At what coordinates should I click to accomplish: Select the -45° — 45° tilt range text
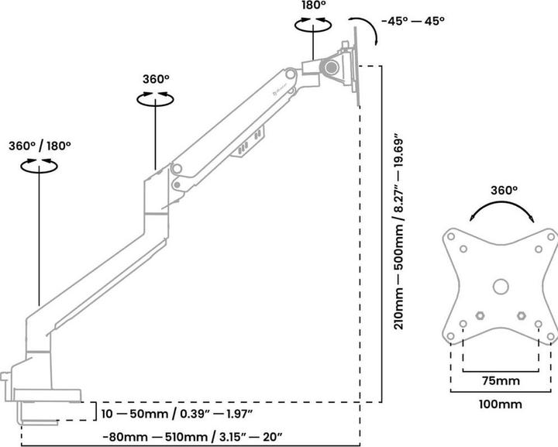[x=412, y=21]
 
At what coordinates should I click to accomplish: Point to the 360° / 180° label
[x=40, y=145]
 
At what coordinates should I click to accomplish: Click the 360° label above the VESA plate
[x=503, y=190]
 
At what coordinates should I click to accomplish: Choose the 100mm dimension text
[x=501, y=404]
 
